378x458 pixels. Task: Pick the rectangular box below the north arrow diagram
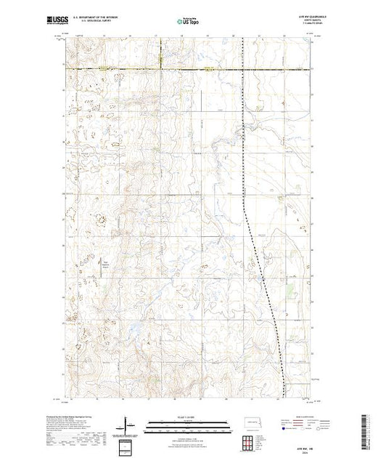[x=127, y=444]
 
